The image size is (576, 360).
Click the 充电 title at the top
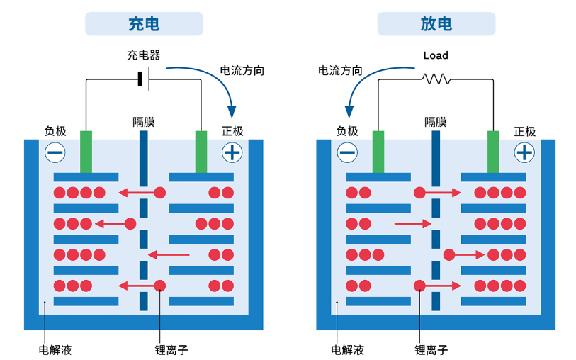click(x=144, y=24)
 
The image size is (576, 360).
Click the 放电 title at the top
click(x=436, y=24)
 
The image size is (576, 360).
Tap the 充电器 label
click(x=144, y=55)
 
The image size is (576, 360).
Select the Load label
click(x=436, y=55)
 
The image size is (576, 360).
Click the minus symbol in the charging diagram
click(x=55, y=152)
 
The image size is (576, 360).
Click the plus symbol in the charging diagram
click(x=232, y=152)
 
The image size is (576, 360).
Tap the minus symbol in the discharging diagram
click(x=347, y=152)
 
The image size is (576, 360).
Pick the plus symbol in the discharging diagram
click(x=524, y=152)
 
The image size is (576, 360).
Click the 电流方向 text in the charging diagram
click(x=242, y=71)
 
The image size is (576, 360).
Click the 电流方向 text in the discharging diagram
click(x=340, y=71)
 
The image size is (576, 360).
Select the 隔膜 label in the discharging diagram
click(x=436, y=122)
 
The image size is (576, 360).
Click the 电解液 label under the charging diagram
click(x=55, y=350)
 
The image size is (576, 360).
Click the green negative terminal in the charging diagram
click(x=86, y=151)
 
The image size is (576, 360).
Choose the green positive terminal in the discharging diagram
click(x=493, y=151)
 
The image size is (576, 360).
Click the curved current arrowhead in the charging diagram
click(x=231, y=111)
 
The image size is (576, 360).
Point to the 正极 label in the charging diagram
click(x=232, y=131)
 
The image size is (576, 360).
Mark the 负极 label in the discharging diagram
click(x=347, y=131)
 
